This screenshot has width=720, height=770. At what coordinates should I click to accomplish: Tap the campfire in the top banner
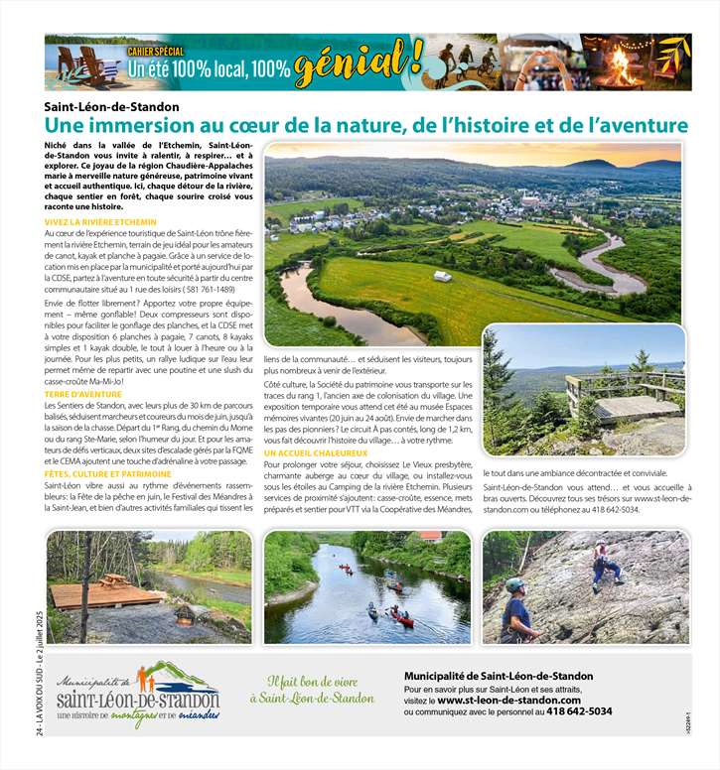click(x=623, y=69)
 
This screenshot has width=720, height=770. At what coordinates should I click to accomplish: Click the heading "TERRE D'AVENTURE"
click(x=82, y=394)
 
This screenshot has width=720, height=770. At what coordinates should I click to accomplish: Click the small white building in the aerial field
click(x=443, y=276)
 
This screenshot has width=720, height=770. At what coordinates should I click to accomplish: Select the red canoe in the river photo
click(x=403, y=619)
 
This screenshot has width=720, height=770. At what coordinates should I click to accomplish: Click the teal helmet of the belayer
click(x=514, y=585)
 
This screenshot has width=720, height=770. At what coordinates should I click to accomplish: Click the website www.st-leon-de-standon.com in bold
click(x=508, y=700)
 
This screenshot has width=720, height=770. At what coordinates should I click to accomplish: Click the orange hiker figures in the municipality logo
click(x=145, y=678)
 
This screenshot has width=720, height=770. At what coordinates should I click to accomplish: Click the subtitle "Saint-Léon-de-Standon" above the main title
click(x=111, y=107)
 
